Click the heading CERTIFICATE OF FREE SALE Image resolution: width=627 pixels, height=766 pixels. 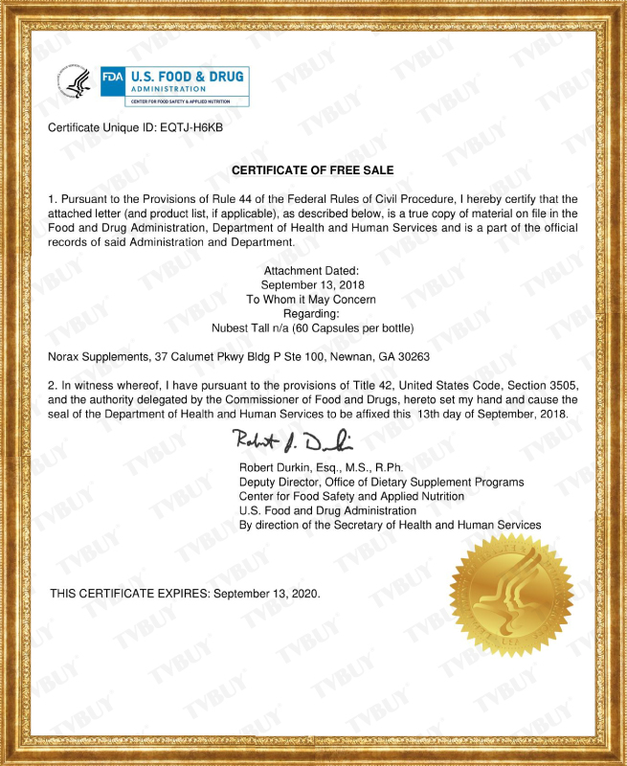point(313,170)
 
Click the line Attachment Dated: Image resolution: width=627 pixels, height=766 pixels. point(313,272)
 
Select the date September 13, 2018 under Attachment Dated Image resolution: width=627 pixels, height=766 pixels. point(313,285)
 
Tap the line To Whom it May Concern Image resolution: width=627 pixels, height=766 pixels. point(313,300)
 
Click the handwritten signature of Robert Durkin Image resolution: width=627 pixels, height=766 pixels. point(292,441)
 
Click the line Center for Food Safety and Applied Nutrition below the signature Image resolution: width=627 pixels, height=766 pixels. point(351,496)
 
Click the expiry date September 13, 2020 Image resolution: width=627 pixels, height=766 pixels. point(267,594)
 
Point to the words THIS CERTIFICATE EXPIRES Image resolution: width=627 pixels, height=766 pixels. point(129,594)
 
